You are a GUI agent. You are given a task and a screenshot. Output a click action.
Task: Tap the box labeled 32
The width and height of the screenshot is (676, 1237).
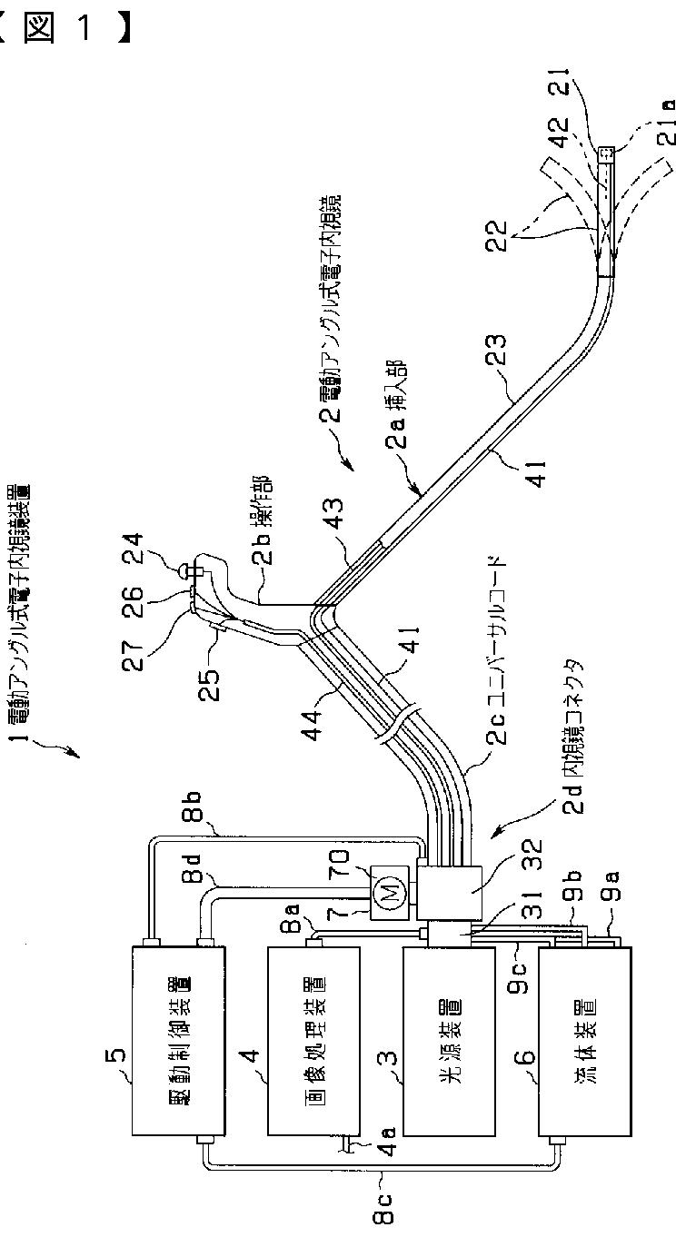click(451, 895)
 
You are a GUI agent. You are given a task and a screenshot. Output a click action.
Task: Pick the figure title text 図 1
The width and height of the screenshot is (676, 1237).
click(68, 26)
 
